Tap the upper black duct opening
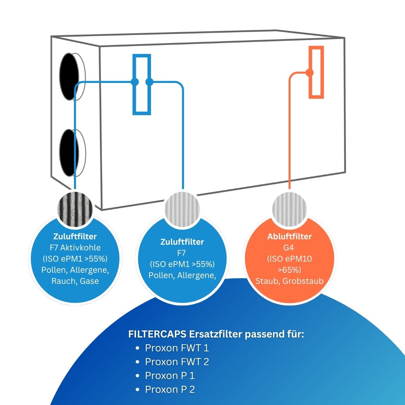click(x=69, y=77)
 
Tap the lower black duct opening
click(x=69, y=153)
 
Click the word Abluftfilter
click(x=289, y=237)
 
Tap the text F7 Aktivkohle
click(x=75, y=247)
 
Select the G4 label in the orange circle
click(x=289, y=247)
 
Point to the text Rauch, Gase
click(x=75, y=281)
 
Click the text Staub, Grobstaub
click(x=289, y=281)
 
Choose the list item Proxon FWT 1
click(x=177, y=348)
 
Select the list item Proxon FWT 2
click(x=177, y=362)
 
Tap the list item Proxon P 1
click(x=170, y=376)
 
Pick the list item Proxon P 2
click(x=170, y=389)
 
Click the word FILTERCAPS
click(x=157, y=334)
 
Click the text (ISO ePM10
click(x=289, y=259)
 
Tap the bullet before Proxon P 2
click(x=137, y=390)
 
